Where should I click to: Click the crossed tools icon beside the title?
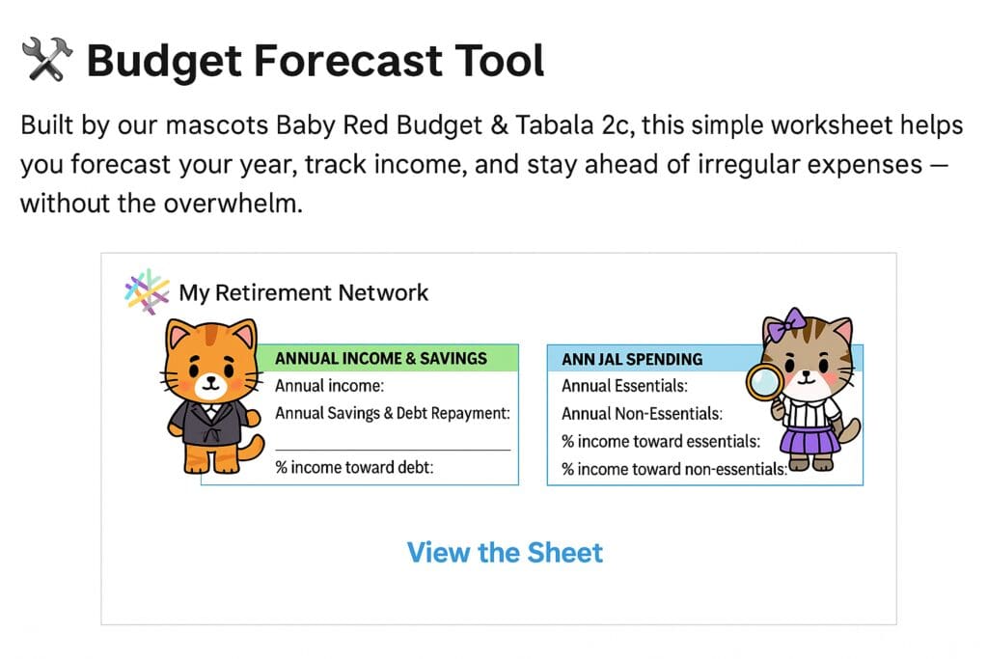(x=47, y=59)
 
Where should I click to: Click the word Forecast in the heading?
(x=347, y=61)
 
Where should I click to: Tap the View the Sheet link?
(x=505, y=553)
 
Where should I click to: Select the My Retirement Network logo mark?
(x=147, y=291)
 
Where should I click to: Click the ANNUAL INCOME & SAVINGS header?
(x=380, y=359)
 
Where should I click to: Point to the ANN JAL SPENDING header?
(x=632, y=359)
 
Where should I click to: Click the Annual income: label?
(x=329, y=386)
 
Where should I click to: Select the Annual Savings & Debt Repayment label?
(x=392, y=413)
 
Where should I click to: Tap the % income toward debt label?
(x=354, y=467)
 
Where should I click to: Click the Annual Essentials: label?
(x=624, y=386)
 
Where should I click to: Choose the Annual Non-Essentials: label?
(x=642, y=413)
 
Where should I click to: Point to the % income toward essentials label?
(x=661, y=441)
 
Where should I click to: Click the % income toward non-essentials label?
(x=674, y=469)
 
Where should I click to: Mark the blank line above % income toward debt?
(x=393, y=450)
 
